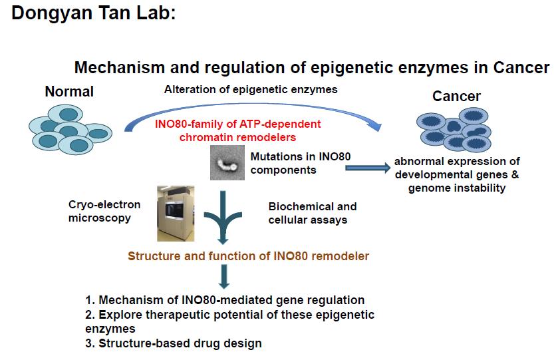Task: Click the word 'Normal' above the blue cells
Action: (69, 91)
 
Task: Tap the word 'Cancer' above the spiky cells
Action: (456, 96)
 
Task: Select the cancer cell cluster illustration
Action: (454, 130)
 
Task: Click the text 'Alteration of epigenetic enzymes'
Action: (251, 89)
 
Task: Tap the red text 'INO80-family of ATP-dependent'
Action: (237, 124)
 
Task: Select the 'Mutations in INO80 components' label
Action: (300, 163)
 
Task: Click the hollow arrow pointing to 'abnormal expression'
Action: (366, 168)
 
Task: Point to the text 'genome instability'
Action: (457, 188)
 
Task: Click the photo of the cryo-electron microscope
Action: (175, 213)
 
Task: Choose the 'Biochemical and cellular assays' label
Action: (312, 213)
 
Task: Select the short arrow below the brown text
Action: (224, 277)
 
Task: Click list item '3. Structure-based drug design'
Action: (174, 343)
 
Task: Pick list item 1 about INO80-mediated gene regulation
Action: (225, 300)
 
